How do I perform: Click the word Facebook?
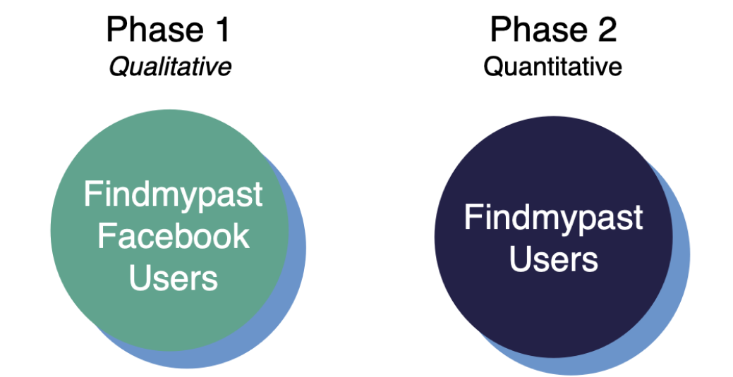pyautogui.click(x=174, y=236)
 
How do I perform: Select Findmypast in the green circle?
pyautogui.click(x=174, y=194)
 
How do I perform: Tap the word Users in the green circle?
pyautogui.click(x=174, y=278)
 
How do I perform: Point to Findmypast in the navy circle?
pyautogui.click(x=554, y=217)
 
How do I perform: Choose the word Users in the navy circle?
pyautogui.click(x=554, y=259)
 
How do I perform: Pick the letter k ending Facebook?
pyautogui.click(x=242, y=235)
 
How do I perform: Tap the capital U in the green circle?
pyautogui.click(x=139, y=277)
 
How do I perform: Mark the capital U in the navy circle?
pyautogui.click(x=519, y=258)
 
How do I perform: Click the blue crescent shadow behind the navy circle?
pyautogui.click(x=679, y=282)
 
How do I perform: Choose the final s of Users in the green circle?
pyautogui.click(x=210, y=280)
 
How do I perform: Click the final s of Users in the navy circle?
pyautogui.click(x=590, y=261)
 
